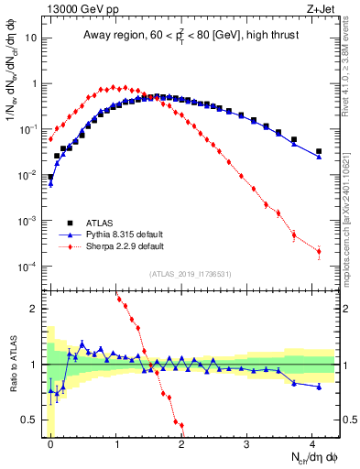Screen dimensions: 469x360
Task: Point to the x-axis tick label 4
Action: [x=312, y=442]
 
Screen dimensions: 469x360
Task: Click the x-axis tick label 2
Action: [x=181, y=442]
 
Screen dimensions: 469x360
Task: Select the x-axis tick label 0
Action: [x=50, y=442]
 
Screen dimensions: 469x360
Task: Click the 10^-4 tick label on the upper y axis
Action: [x=28, y=267]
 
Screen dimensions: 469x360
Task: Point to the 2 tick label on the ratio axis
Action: [x=34, y=309]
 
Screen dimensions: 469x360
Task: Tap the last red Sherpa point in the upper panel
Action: [x=319, y=251]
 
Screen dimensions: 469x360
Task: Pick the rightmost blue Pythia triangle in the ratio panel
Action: [x=319, y=387]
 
